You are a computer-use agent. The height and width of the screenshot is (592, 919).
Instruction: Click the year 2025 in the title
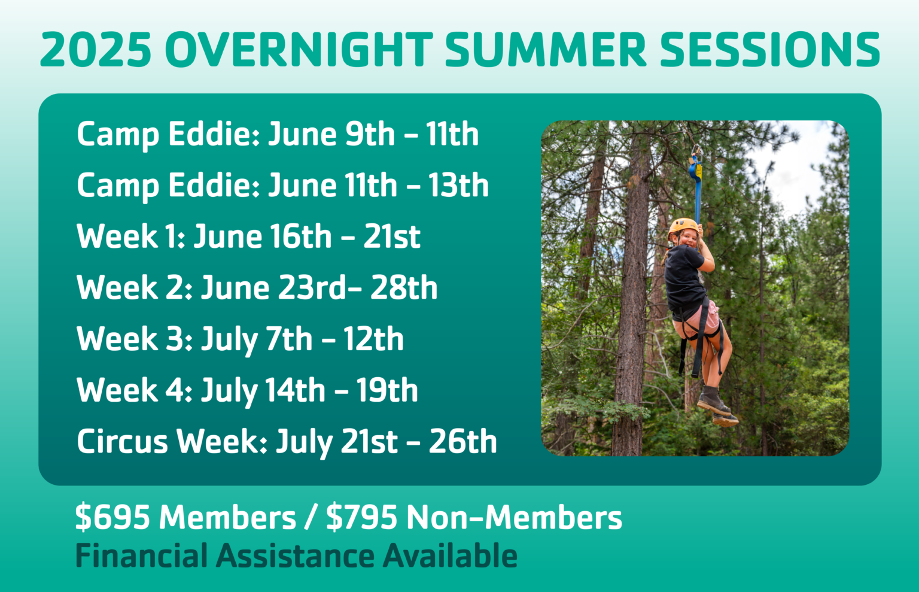(x=96, y=50)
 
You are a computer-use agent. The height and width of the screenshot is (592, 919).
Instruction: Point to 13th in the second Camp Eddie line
(x=458, y=186)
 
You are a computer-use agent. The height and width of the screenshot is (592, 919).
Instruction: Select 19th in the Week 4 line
(x=387, y=391)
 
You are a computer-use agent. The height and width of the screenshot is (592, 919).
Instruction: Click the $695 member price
(x=112, y=517)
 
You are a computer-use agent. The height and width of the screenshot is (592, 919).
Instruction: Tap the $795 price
(x=362, y=517)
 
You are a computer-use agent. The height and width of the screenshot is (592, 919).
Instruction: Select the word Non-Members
(x=514, y=517)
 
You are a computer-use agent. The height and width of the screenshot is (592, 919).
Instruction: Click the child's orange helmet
(x=682, y=227)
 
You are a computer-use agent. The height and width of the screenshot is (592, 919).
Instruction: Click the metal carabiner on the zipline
(x=696, y=152)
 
